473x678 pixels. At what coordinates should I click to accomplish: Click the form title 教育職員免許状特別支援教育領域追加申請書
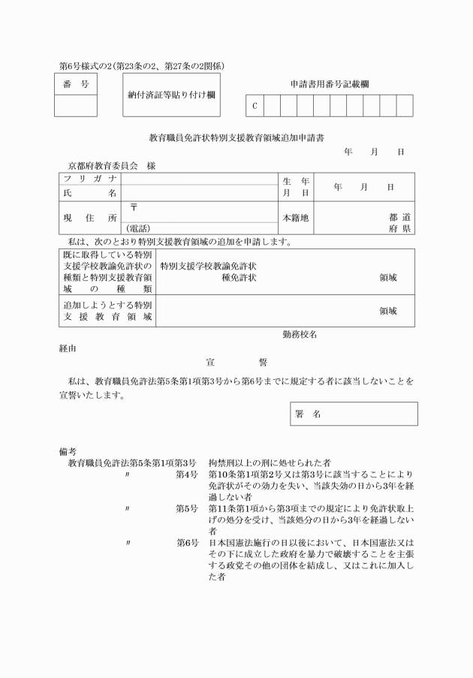point(236,138)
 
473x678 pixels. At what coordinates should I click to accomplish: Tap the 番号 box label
point(75,85)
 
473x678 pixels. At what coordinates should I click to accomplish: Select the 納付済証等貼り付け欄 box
point(171,95)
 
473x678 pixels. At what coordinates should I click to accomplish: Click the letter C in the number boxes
point(255,106)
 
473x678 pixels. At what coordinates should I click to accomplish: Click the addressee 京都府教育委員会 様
point(110,165)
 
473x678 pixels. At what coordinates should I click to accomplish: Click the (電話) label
point(139,228)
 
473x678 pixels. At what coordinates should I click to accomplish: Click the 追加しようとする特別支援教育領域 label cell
point(107,311)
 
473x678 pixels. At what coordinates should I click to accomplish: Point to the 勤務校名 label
point(299,334)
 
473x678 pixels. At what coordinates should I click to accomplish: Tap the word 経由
point(68,348)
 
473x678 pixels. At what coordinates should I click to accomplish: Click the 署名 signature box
point(353,414)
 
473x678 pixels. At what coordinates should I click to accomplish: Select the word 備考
point(68,451)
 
